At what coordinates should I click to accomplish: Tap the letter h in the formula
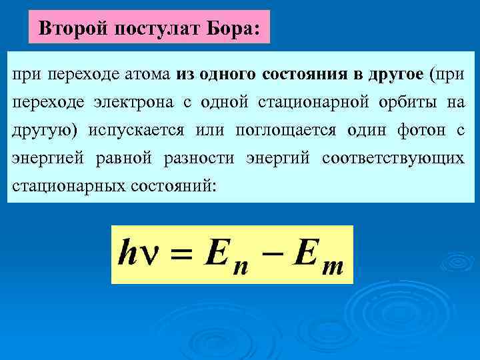(127, 253)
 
